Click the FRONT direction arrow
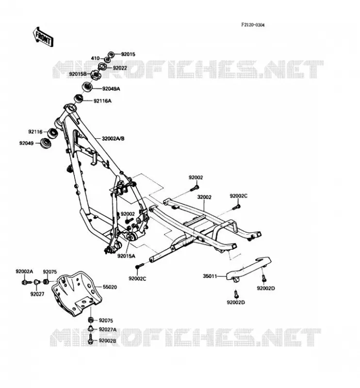pos(43,37)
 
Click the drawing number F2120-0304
pos(253,25)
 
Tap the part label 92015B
pos(78,74)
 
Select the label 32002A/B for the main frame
pos(113,139)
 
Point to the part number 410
pos(95,58)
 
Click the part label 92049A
pos(111,89)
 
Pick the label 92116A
pos(102,101)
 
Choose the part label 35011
pos(210,276)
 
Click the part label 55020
pos(110,287)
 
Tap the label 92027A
pos(107,330)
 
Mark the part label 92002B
pos(107,341)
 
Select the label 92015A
pos(126,256)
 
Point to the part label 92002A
pos(24,272)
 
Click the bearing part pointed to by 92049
pos(46,144)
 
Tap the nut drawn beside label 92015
pos(111,54)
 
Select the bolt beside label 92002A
pos(27,282)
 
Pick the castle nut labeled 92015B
pos(95,75)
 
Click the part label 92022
pos(120,68)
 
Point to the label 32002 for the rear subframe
pos(204,197)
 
